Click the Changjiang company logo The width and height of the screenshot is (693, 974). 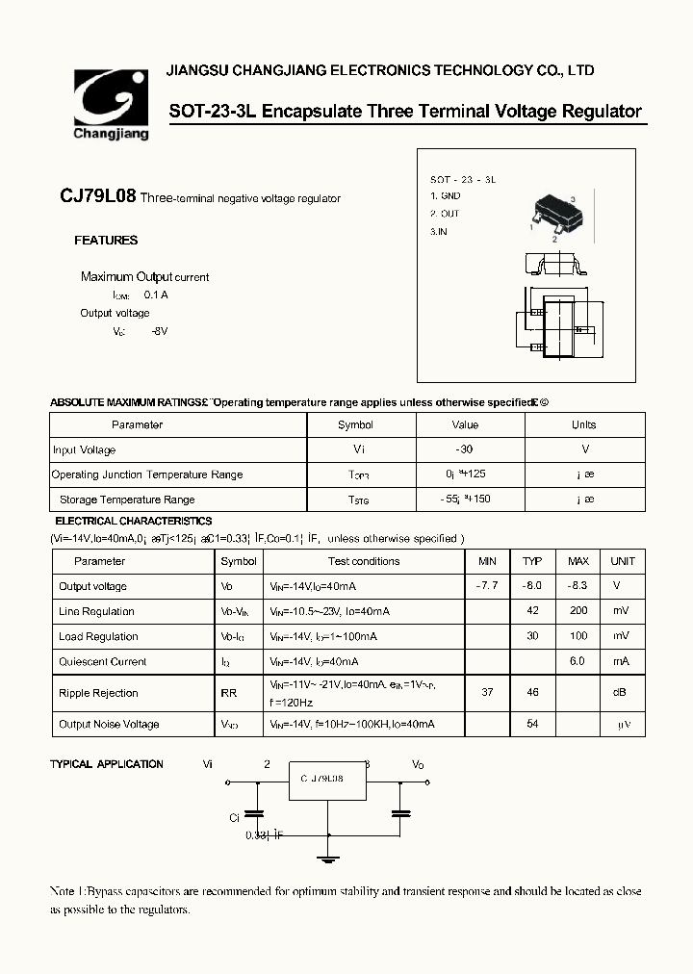[x=111, y=105]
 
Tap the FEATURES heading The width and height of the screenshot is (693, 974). [x=106, y=241]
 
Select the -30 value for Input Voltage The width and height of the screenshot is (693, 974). [x=464, y=449]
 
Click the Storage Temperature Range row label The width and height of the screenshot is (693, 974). [x=126, y=500]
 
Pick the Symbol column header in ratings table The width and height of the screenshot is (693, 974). [x=355, y=424]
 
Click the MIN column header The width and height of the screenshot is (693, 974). [x=487, y=561]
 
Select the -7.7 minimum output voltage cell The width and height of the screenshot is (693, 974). [x=487, y=586]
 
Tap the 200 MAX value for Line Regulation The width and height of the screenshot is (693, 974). [x=577, y=611]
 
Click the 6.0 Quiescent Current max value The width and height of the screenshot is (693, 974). [x=577, y=661]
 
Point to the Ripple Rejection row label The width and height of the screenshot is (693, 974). [x=98, y=693]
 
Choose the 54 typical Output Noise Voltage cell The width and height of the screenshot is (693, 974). [x=532, y=724]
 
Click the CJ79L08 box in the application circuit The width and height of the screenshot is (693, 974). [x=328, y=782]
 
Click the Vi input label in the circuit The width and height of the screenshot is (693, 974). [x=207, y=764]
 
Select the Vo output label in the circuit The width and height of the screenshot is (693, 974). [x=418, y=764]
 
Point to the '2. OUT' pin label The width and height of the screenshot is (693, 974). [x=445, y=214]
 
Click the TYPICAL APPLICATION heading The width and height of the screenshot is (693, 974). [x=106, y=764]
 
